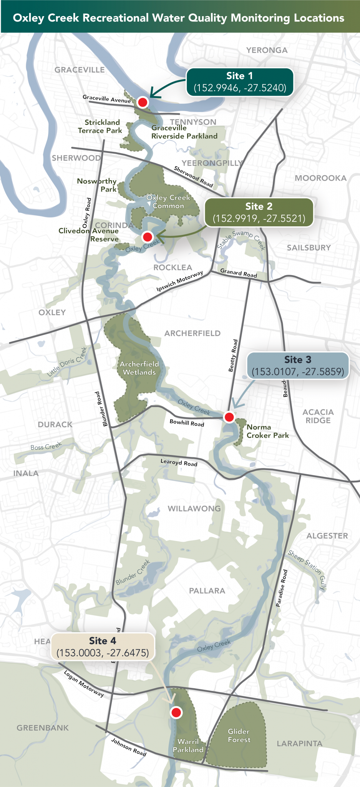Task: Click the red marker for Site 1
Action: coord(143,102)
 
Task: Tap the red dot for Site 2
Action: coord(148,236)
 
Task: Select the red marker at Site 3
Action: coord(229,417)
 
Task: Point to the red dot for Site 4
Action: coord(176,712)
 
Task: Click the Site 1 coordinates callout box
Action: coord(240,82)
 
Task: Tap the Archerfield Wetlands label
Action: coord(139,368)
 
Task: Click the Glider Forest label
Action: coord(239,736)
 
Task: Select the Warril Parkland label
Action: coord(188,745)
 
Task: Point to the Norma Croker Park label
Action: coord(267,431)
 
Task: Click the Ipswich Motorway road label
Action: coord(179,281)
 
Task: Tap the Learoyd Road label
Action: coord(179,463)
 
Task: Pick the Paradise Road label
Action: coord(282,588)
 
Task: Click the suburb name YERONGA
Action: coord(267,50)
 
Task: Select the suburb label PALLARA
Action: coord(207,591)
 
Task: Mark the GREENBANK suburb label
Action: coord(43,728)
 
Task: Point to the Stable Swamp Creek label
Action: coord(241,240)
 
